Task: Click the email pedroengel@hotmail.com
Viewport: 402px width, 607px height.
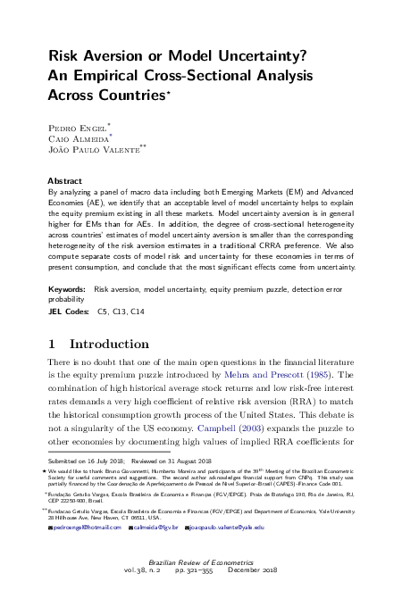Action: pos(87,553)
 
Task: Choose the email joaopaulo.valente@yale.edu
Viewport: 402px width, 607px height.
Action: pos(229,553)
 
